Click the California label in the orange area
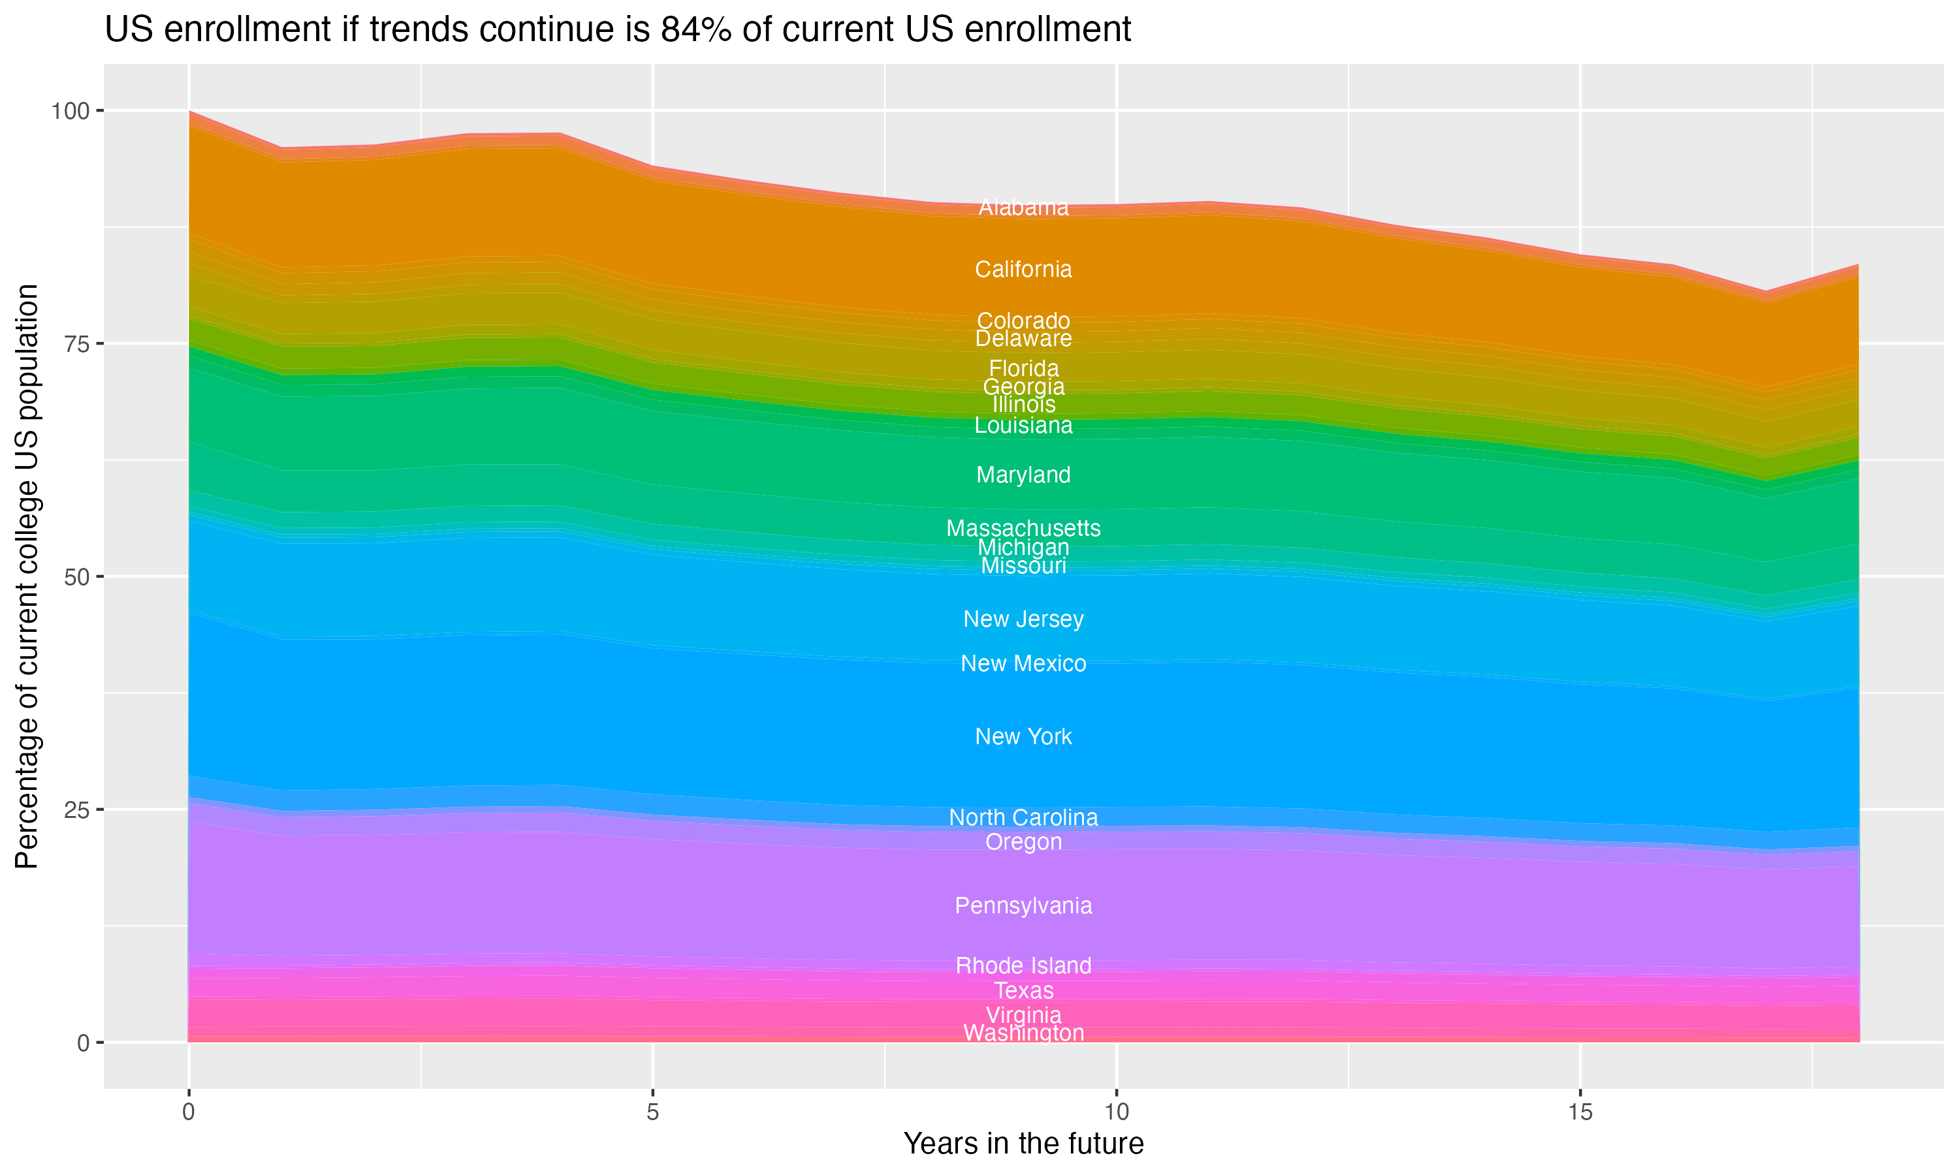coord(1023,269)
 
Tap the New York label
coord(1023,736)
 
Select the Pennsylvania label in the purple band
coord(1023,905)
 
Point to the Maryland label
coord(1023,475)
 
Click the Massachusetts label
coord(1023,527)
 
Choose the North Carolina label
coord(1023,817)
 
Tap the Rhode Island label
coord(1023,965)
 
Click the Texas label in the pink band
coord(1023,990)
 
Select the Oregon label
coord(1023,841)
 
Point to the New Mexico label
coord(1023,663)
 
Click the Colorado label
coord(1023,320)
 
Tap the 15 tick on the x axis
coord(1580,1112)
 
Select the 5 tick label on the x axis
coord(652,1112)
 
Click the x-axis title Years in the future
coord(1023,1143)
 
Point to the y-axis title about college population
coord(27,576)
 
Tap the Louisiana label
coord(1023,425)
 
